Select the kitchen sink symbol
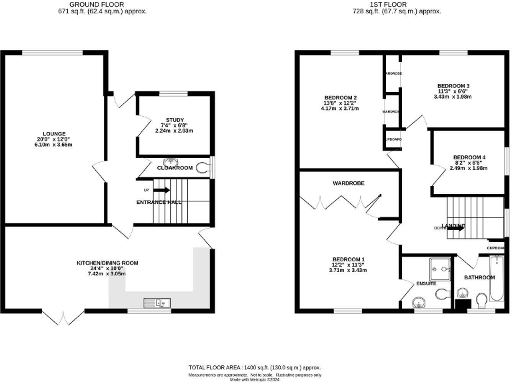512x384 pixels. (161, 303)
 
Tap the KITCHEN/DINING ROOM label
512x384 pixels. (107, 263)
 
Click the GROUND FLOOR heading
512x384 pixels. (102, 4)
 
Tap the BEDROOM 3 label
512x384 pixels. (453, 86)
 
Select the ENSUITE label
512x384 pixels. (426, 283)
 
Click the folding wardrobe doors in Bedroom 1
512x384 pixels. (341, 203)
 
